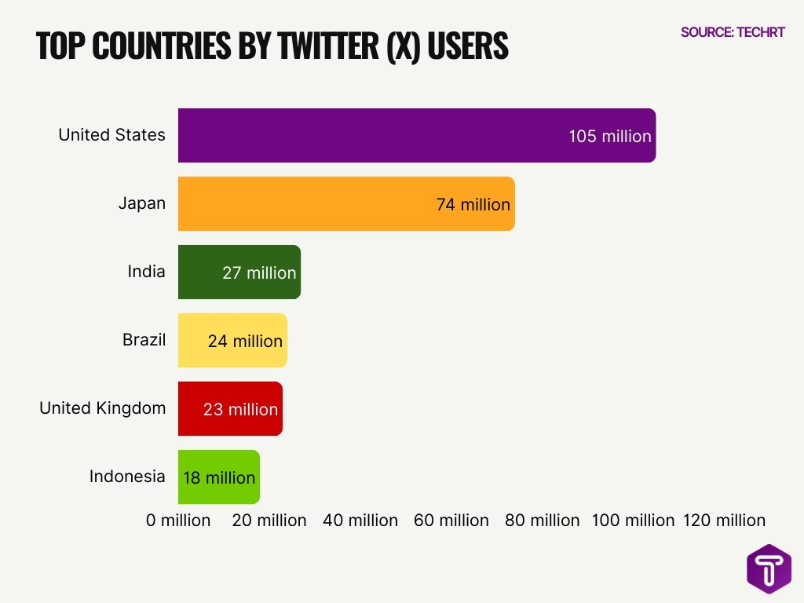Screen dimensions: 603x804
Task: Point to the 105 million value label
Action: tap(610, 136)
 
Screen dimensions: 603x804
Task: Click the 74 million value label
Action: tap(473, 204)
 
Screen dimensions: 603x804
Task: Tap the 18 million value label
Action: tap(219, 477)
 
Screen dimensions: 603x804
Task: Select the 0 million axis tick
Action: tap(178, 520)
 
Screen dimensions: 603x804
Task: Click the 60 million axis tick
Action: tap(451, 520)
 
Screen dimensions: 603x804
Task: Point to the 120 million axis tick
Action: tap(724, 520)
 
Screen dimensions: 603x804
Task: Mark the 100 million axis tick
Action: tap(633, 520)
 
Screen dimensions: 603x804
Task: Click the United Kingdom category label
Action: tap(102, 407)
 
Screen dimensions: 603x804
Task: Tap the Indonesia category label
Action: tap(127, 476)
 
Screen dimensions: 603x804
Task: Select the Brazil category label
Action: tap(144, 340)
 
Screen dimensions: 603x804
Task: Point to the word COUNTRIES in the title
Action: tap(168, 47)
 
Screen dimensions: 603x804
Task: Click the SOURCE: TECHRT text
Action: tap(733, 32)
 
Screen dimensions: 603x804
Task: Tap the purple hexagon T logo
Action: tap(769, 568)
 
